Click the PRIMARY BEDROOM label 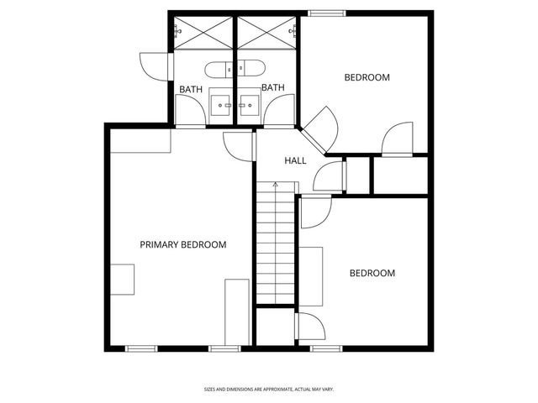[x=183, y=244]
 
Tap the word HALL [x=295, y=160]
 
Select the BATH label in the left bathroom [x=191, y=89]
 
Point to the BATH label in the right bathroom [x=273, y=87]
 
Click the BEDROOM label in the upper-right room [x=367, y=77]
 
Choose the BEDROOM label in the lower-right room [x=372, y=273]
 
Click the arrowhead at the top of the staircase [x=276, y=184]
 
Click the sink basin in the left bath [x=221, y=104]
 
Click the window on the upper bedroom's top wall [x=327, y=13]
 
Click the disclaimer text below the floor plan [x=269, y=389]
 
